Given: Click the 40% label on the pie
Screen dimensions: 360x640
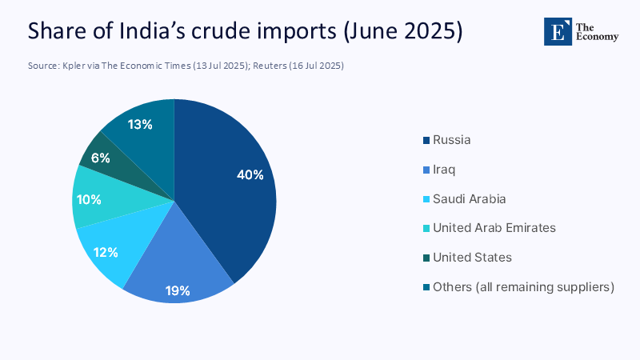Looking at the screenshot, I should tap(250, 175).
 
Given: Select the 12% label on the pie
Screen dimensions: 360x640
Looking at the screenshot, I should tap(105, 252).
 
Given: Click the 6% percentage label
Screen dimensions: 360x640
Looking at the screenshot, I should tap(100, 158).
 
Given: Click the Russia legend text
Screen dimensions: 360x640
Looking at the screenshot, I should tap(451, 140).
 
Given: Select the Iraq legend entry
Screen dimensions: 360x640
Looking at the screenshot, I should tap(443, 170).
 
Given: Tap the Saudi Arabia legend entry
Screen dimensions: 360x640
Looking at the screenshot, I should tap(469, 198).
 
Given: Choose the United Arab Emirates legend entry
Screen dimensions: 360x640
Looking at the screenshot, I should tap(494, 228).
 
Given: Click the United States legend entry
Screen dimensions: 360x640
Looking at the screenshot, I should tap(472, 258).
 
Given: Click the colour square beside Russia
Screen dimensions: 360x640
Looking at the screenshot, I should tap(426, 141).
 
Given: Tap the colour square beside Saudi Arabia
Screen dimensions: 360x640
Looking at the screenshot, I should tap(426, 199).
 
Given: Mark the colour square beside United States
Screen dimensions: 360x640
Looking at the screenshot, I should tap(426, 258).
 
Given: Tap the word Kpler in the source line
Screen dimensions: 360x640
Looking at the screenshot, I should tap(74, 66).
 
